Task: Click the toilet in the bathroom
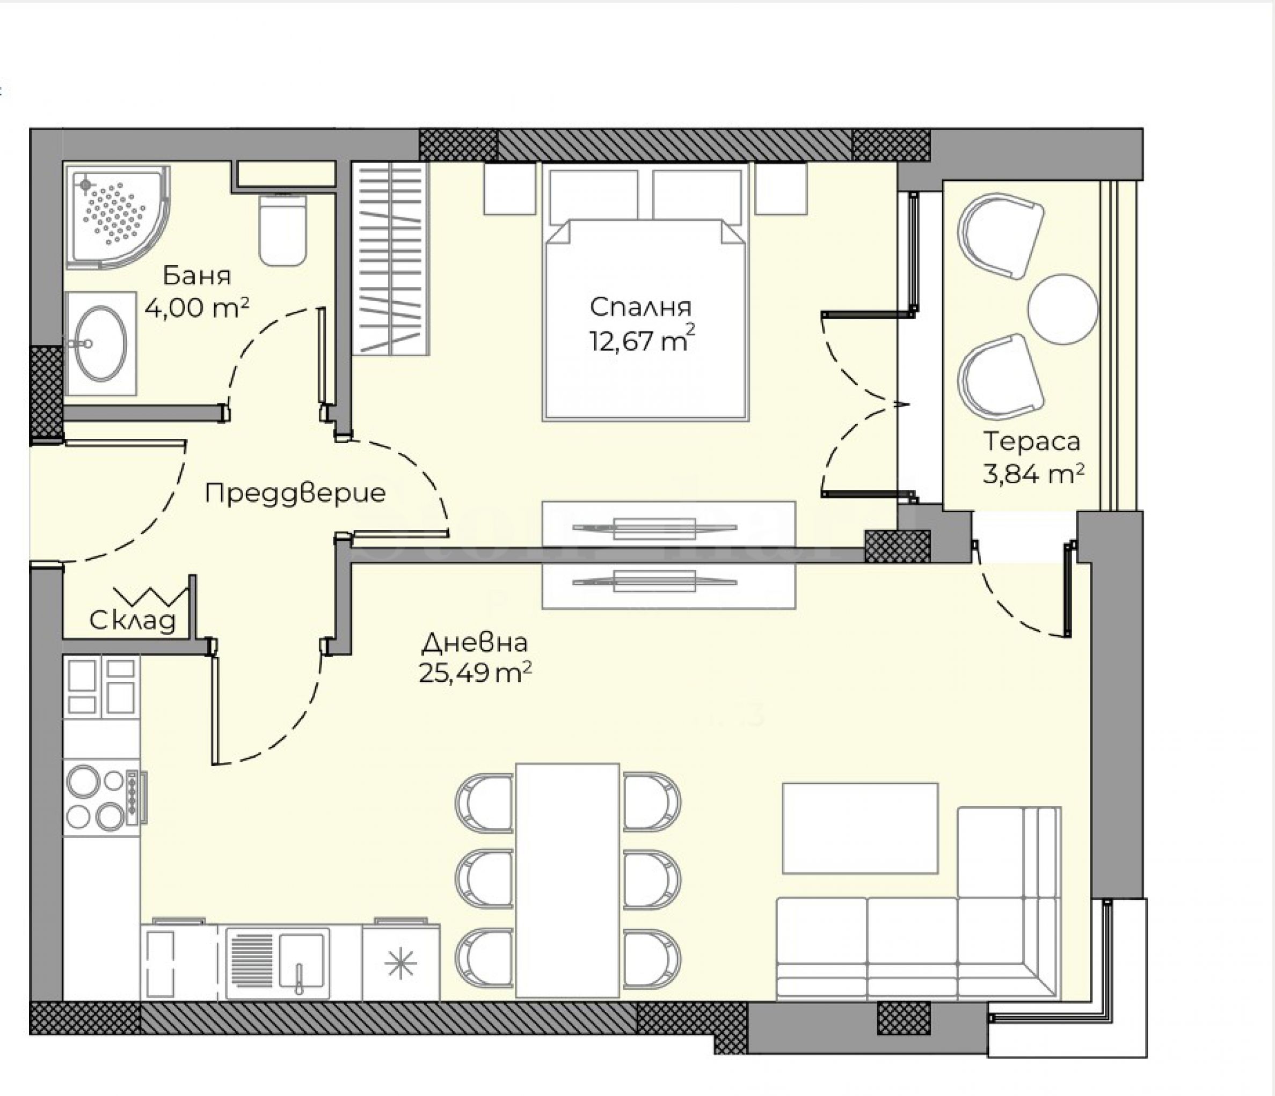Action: [x=282, y=229]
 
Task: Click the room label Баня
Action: [x=197, y=276]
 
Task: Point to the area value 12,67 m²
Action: [x=643, y=340]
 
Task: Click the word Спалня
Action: [x=640, y=306]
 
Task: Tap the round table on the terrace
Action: [x=1063, y=310]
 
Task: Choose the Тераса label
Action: [x=1031, y=441]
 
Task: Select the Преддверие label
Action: [x=295, y=492]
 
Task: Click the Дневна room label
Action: [x=475, y=643]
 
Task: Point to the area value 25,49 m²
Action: [x=475, y=673]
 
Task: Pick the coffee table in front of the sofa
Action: [x=860, y=828]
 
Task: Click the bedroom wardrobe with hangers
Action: [x=390, y=259]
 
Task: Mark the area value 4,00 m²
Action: [x=197, y=307]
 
